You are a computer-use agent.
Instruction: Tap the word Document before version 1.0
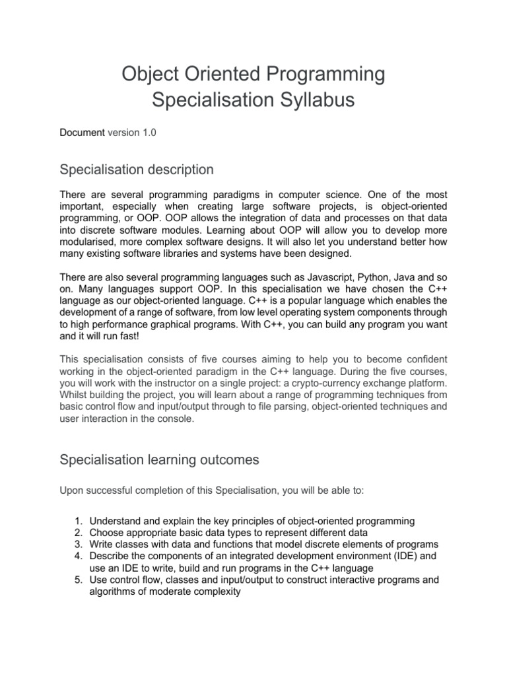pyautogui.click(x=82, y=133)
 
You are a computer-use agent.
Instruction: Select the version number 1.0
pyautogui.click(x=149, y=133)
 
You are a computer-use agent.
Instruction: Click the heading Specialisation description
pyautogui.click(x=137, y=170)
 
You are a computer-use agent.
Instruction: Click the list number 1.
pyautogui.click(x=73, y=521)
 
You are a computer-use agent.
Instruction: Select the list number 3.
pyautogui.click(x=73, y=544)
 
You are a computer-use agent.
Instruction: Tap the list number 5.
pyautogui.click(x=73, y=580)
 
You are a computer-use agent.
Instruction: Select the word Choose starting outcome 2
pyautogui.click(x=106, y=533)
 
